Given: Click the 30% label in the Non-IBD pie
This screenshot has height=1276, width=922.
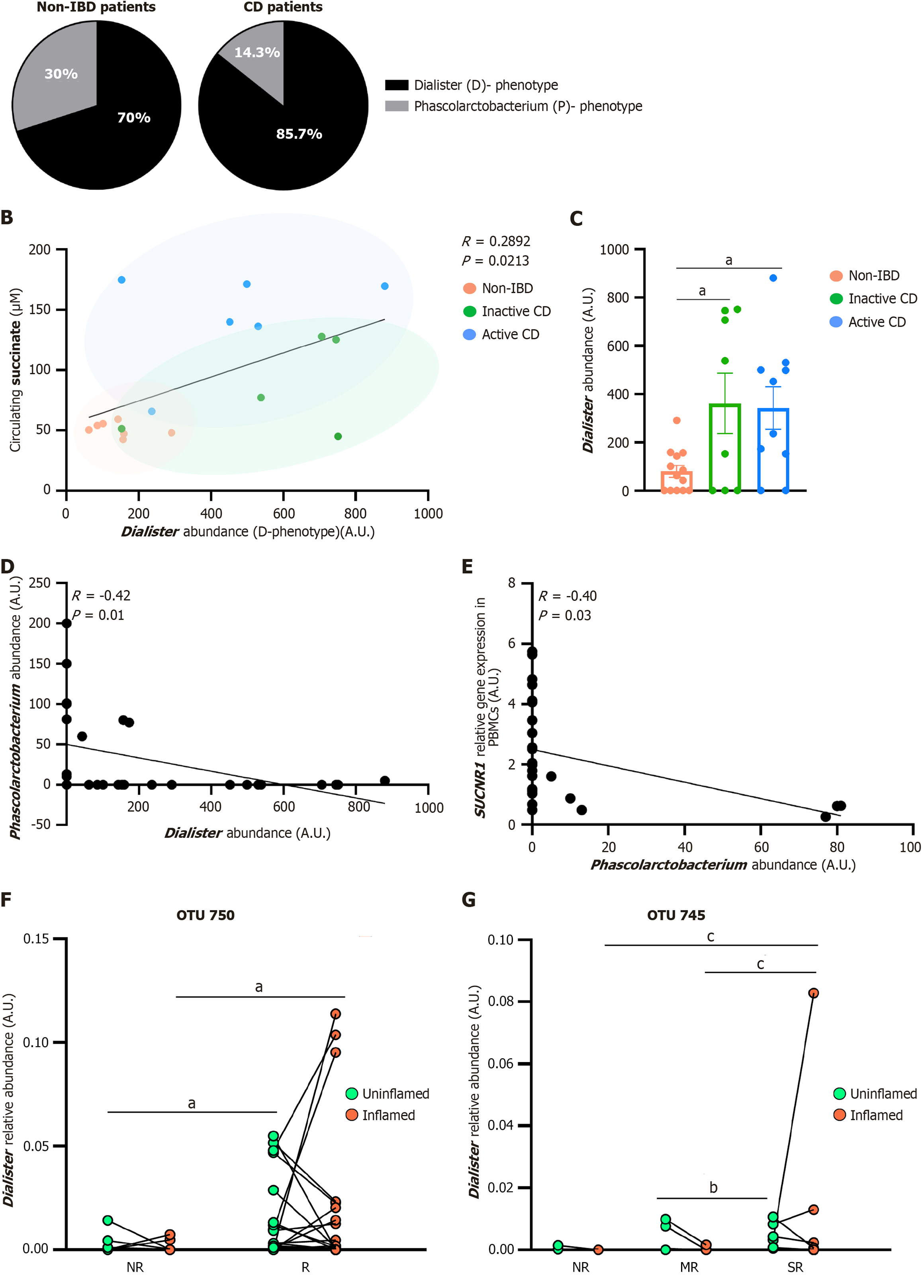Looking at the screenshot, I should point(61,74).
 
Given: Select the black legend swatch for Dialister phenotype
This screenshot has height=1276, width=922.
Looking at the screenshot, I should point(396,85).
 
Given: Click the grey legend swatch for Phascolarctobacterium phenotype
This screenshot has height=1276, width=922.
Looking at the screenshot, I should point(396,106).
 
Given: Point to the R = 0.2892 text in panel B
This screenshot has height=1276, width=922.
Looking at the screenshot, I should point(495,241).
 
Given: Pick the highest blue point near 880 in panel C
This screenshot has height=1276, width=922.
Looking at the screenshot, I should point(773,278).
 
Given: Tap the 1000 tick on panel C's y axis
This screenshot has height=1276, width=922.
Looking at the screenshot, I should point(614,250).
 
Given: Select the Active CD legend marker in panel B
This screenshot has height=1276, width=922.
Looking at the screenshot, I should point(469,335).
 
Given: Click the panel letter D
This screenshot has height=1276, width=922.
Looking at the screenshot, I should point(7,566).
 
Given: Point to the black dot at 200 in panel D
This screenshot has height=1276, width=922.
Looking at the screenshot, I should point(67,623).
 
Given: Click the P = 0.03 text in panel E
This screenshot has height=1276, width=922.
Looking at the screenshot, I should point(564,615).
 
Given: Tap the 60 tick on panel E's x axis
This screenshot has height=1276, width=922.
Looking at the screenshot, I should point(761,847).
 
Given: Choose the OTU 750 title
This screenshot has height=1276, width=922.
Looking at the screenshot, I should point(206,915).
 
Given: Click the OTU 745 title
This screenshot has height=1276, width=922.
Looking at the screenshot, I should point(675,915).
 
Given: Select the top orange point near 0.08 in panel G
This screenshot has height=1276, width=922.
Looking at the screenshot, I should point(813,993).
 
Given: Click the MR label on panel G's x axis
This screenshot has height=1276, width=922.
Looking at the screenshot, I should point(689,1267).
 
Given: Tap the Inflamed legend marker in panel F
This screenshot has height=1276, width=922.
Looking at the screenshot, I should point(352,1115).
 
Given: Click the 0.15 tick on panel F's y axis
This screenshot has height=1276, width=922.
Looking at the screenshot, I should point(35,939).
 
